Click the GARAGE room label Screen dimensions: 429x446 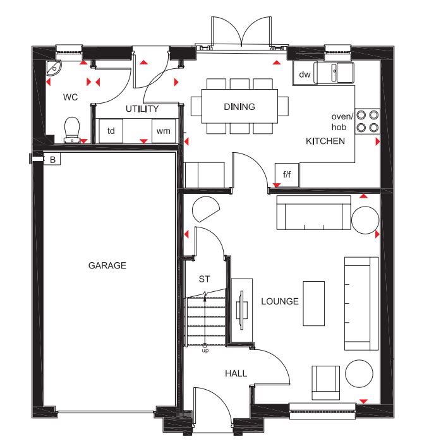click(107, 265)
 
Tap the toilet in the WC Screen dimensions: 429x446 click(72, 130)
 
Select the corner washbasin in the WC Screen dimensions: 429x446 click(53, 68)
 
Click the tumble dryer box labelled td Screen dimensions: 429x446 click(111, 131)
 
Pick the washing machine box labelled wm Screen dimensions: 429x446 click(164, 131)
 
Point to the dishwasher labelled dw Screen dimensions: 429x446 click(304, 74)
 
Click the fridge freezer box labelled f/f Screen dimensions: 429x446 click(287, 174)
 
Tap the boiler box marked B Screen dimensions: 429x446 click(52, 159)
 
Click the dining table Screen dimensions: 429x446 click(239, 106)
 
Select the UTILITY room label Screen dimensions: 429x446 click(142, 109)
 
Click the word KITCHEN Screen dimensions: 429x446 click(325, 141)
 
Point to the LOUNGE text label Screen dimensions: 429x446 click(280, 301)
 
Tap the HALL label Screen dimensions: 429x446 click(236, 373)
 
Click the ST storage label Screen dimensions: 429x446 click(204, 279)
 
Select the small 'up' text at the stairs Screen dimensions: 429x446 click(205, 351)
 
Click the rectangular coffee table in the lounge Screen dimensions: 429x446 click(314, 303)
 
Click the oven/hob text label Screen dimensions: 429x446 click(342, 122)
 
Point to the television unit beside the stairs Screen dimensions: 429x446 click(241, 310)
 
